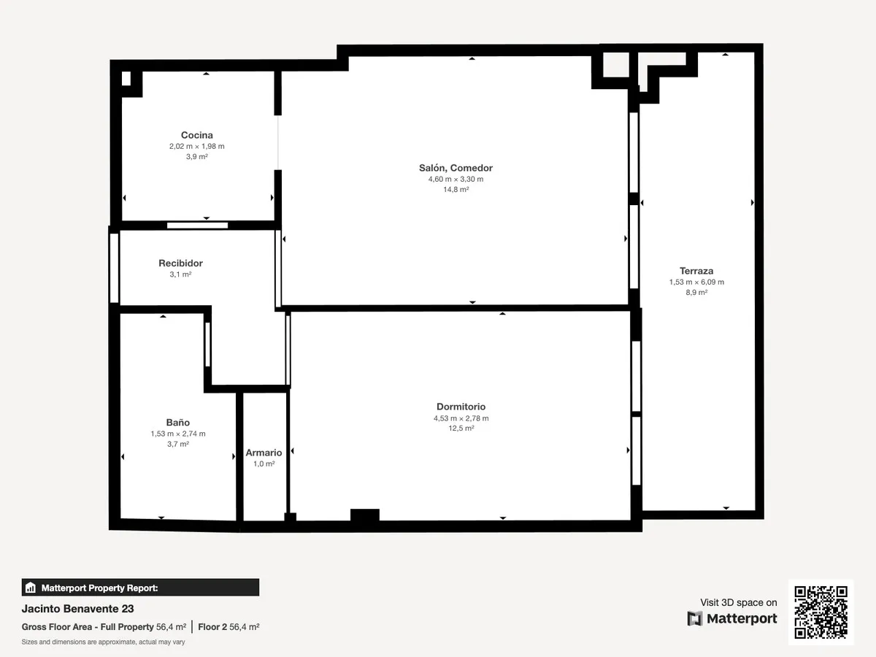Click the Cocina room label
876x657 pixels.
point(197,135)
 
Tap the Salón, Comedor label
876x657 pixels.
point(456,168)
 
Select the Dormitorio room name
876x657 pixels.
point(461,407)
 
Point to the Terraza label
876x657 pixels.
point(696,271)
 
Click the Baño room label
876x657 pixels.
point(178,422)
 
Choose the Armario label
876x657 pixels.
point(264,453)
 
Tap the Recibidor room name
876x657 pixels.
point(180,263)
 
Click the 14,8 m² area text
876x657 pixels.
point(456,190)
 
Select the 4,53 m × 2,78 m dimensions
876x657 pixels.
point(461,418)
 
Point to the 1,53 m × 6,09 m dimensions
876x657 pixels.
point(696,282)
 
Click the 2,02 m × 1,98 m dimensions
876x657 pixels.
point(197,147)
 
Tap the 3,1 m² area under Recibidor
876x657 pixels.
point(180,274)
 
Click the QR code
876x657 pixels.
point(821,612)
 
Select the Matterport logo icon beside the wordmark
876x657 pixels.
point(695,619)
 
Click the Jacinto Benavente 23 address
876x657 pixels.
point(78,609)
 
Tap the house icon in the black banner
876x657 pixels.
point(31,588)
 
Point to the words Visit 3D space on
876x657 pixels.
point(738,602)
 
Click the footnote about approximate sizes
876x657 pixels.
point(104,642)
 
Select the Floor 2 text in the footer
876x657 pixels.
point(212,626)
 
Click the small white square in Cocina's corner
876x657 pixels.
point(126,79)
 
